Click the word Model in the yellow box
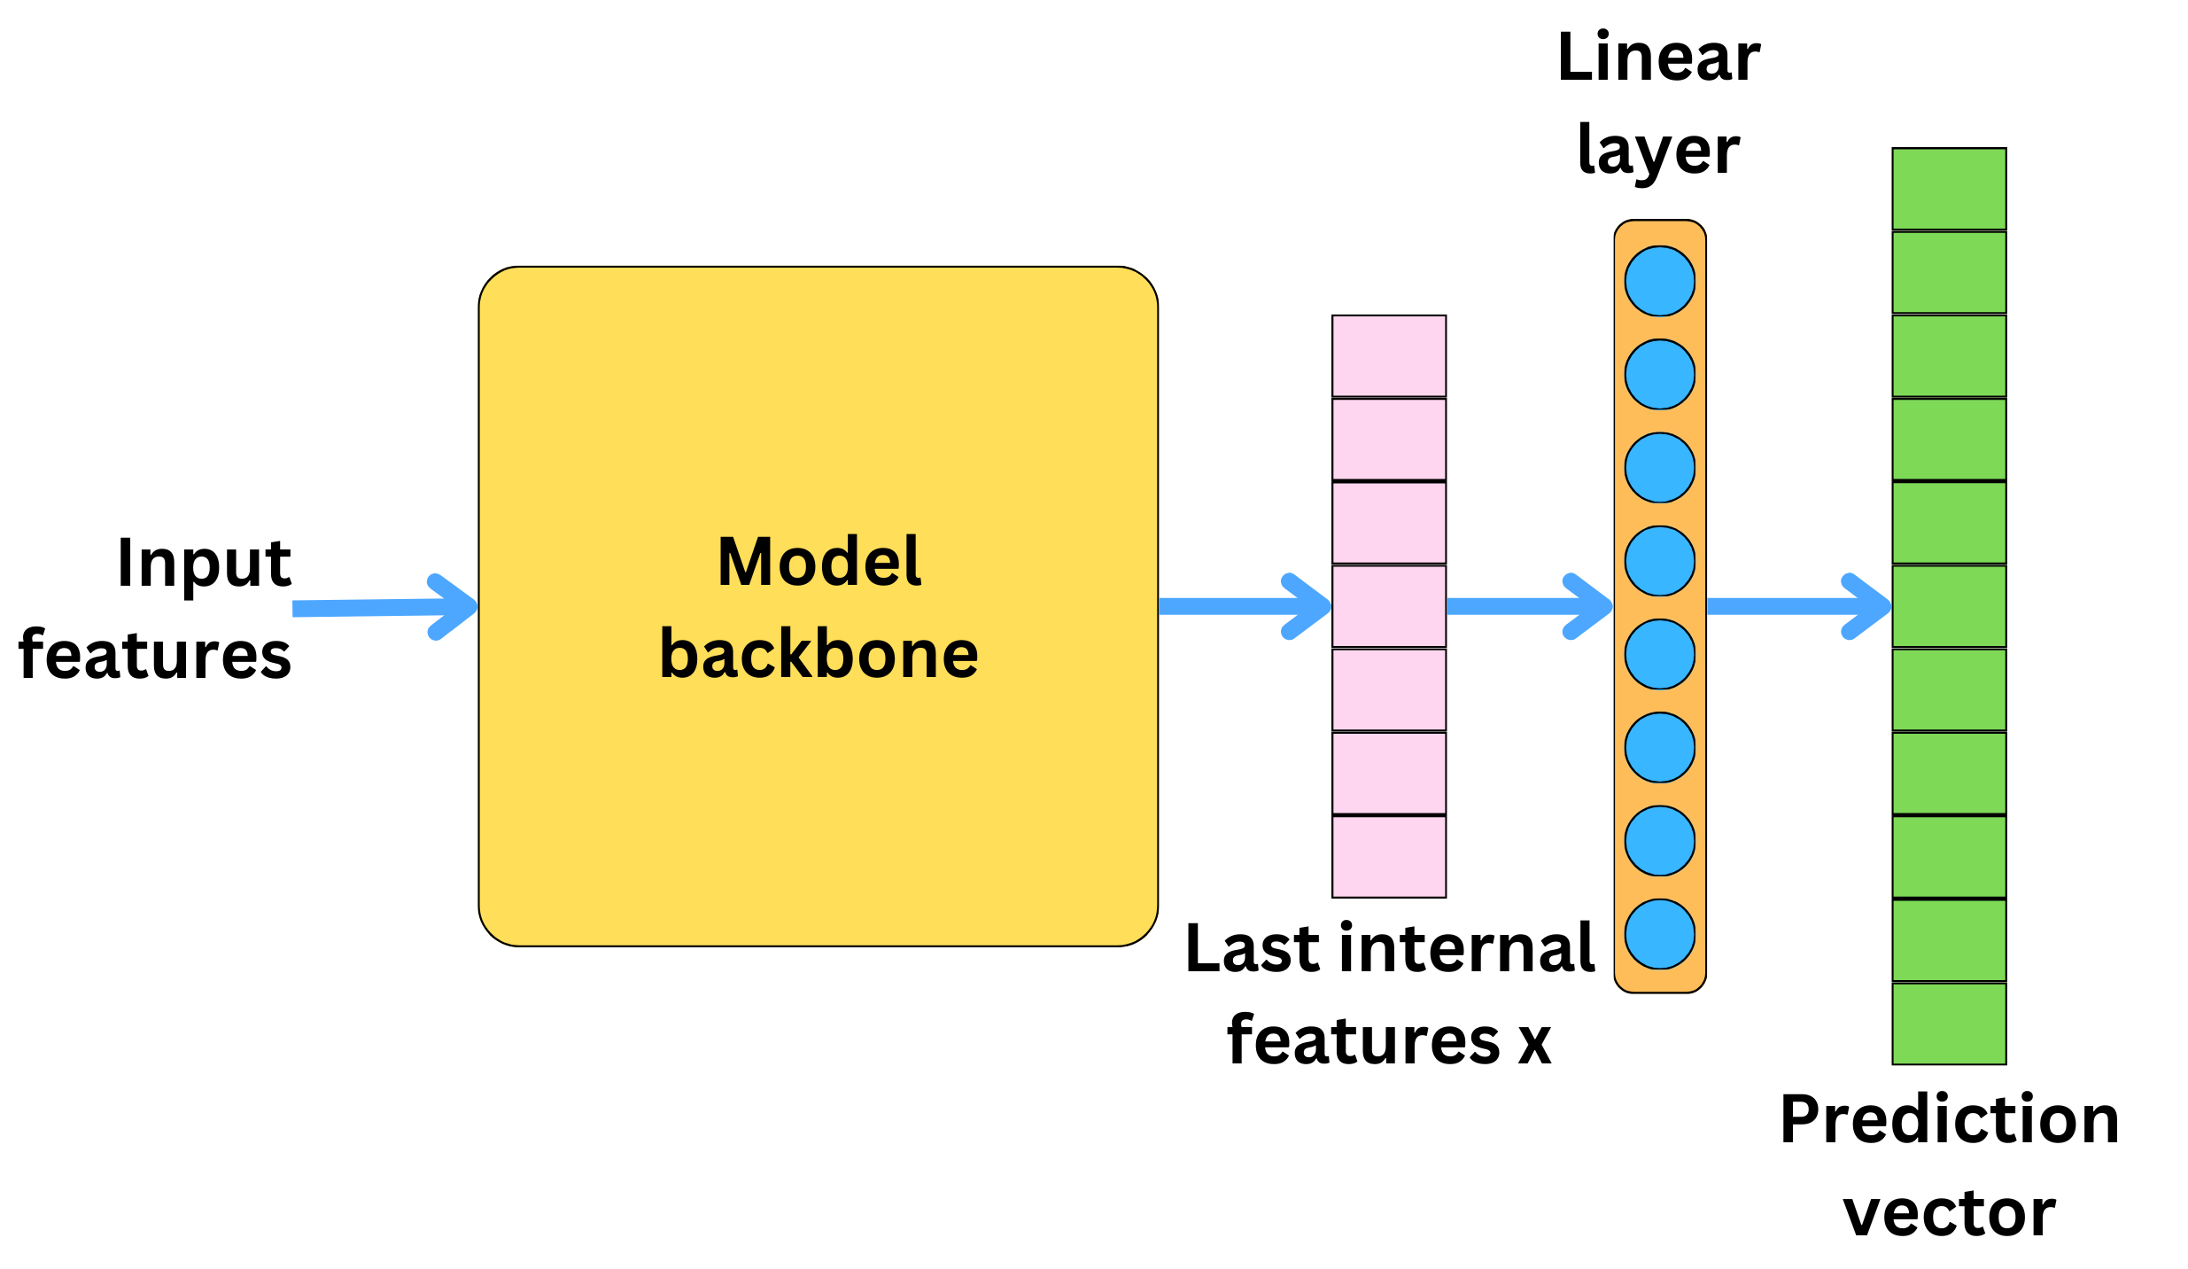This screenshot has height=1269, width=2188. pos(819,562)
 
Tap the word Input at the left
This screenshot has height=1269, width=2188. pos(204,563)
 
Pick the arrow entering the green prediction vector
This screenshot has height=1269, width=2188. pos(1798,606)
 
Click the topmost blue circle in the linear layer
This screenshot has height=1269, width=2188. pos(1659,281)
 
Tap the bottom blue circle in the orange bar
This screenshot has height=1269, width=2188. pos(1659,934)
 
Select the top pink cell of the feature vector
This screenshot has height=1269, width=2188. pos(1388,355)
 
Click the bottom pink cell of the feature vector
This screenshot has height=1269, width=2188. pos(1388,856)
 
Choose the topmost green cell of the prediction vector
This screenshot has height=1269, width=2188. pos(1949,189)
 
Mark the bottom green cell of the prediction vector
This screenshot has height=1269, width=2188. pos(1949,1023)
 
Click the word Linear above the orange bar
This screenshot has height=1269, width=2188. pos(1658,58)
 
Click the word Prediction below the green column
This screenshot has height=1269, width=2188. pos(1949,1119)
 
